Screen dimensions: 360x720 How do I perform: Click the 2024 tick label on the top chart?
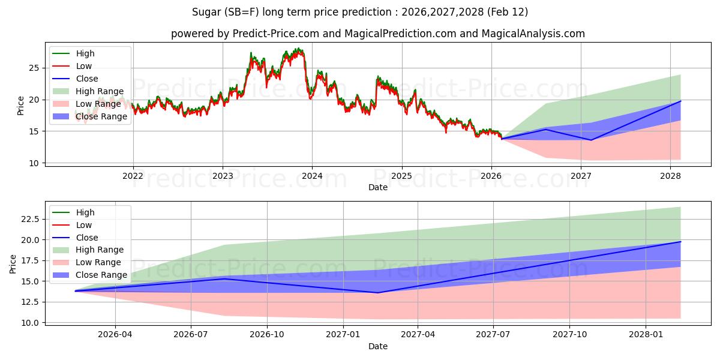coord(312,176)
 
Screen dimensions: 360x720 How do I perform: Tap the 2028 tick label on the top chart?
coord(670,176)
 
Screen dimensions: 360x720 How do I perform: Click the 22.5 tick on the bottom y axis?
coord(32,219)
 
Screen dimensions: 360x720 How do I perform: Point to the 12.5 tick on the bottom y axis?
coord(32,302)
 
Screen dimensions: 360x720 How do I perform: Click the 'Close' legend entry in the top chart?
coord(87,79)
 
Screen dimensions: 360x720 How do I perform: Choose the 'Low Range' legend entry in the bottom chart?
coord(98,262)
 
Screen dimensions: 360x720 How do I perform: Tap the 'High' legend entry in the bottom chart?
coord(85,212)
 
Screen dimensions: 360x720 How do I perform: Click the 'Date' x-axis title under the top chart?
coord(378,187)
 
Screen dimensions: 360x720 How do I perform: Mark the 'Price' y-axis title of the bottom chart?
coord(13,263)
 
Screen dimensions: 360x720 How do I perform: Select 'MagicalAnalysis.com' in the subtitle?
coord(534,34)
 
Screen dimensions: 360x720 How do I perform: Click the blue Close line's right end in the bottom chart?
coord(680,242)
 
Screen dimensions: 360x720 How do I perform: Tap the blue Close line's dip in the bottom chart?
coord(377,293)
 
